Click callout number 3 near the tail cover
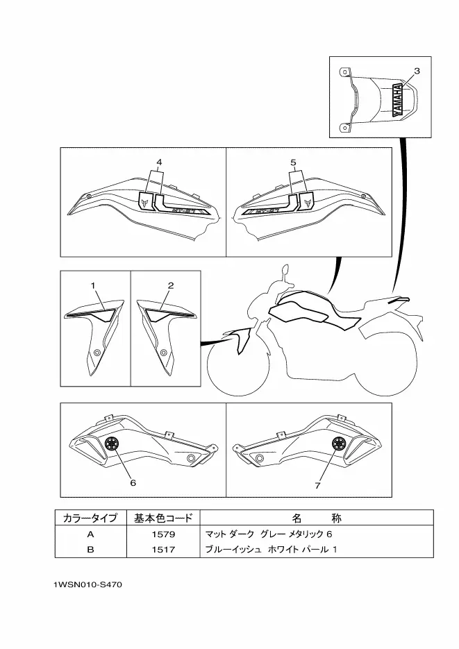tap(417, 71)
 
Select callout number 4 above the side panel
tap(158, 162)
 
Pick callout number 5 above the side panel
tap(294, 162)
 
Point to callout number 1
tap(92, 285)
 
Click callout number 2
tap(170, 285)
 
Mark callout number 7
tap(317, 485)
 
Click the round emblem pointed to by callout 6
tap(111, 445)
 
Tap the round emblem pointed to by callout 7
tap(339, 445)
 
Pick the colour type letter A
tap(90, 534)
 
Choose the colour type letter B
tap(90, 549)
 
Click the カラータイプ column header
tap(90, 519)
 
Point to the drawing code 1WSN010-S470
tap(87, 584)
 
